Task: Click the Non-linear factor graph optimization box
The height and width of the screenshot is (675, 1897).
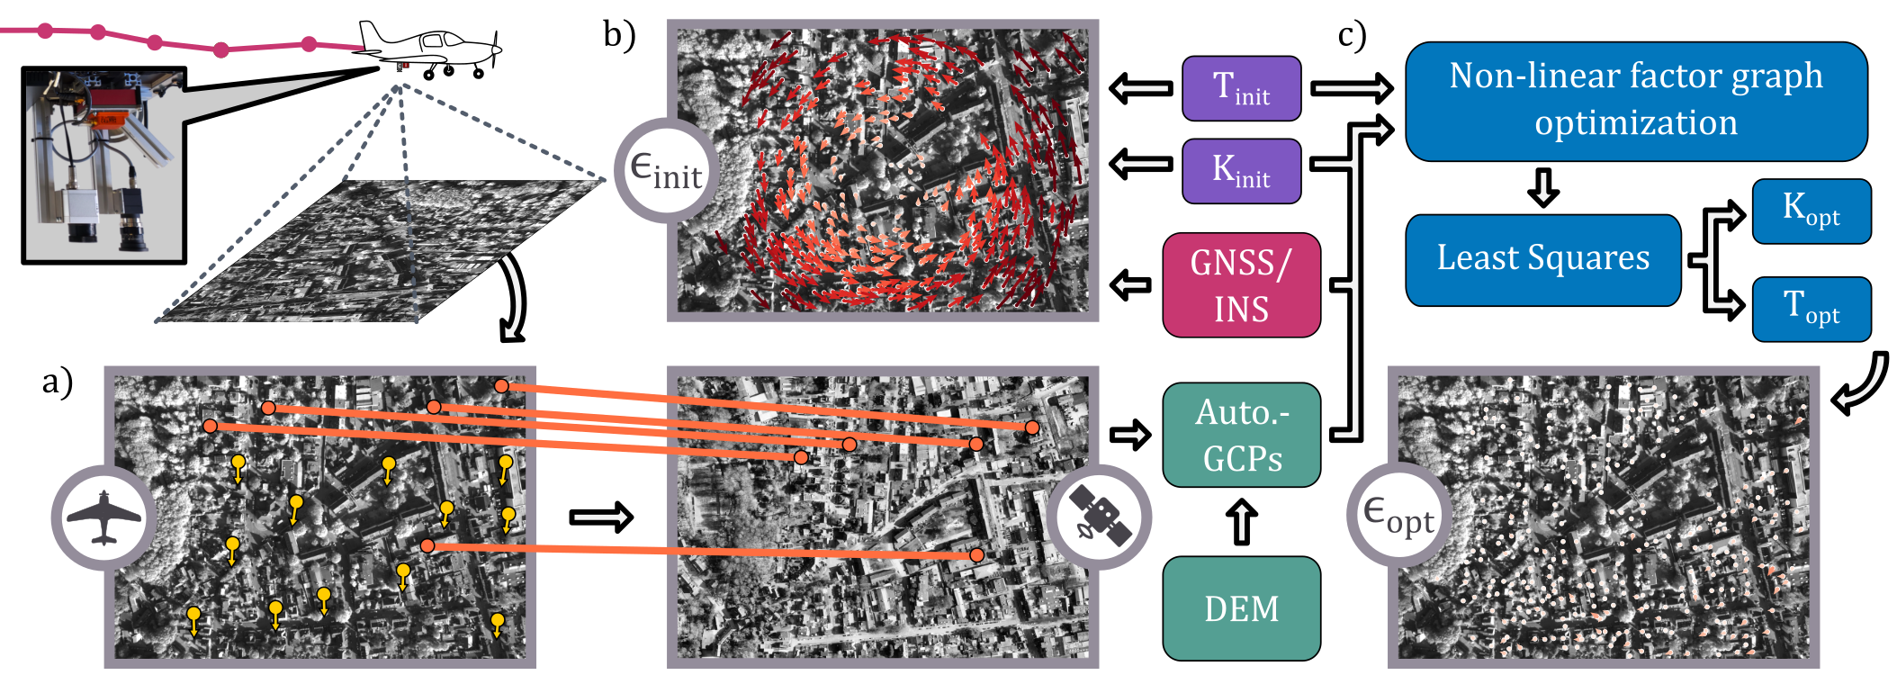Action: (x=1635, y=101)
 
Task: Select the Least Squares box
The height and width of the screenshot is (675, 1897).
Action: (x=1542, y=259)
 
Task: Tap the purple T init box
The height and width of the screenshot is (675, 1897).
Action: (x=1241, y=88)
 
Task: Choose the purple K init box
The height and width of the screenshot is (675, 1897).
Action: (x=1241, y=171)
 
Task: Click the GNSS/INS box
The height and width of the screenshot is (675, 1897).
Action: (x=1241, y=285)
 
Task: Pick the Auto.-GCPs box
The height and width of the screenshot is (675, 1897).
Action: (x=1241, y=436)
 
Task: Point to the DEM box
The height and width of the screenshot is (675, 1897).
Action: (x=1241, y=608)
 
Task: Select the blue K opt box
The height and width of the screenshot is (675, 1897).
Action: (x=1811, y=211)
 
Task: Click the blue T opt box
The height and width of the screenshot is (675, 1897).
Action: (x=1811, y=310)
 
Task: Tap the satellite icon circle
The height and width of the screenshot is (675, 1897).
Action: (x=1098, y=517)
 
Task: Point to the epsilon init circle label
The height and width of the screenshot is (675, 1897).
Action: (x=666, y=170)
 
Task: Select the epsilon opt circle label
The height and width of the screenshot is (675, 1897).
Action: (x=1398, y=515)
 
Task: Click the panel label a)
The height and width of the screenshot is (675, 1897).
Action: (x=57, y=382)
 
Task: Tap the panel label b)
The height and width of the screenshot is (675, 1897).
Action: (x=619, y=36)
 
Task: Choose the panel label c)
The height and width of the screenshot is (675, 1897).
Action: (x=1352, y=36)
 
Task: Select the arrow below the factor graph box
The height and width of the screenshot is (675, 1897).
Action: (x=1543, y=187)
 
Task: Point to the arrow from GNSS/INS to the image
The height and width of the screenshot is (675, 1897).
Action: (x=1130, y=285)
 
